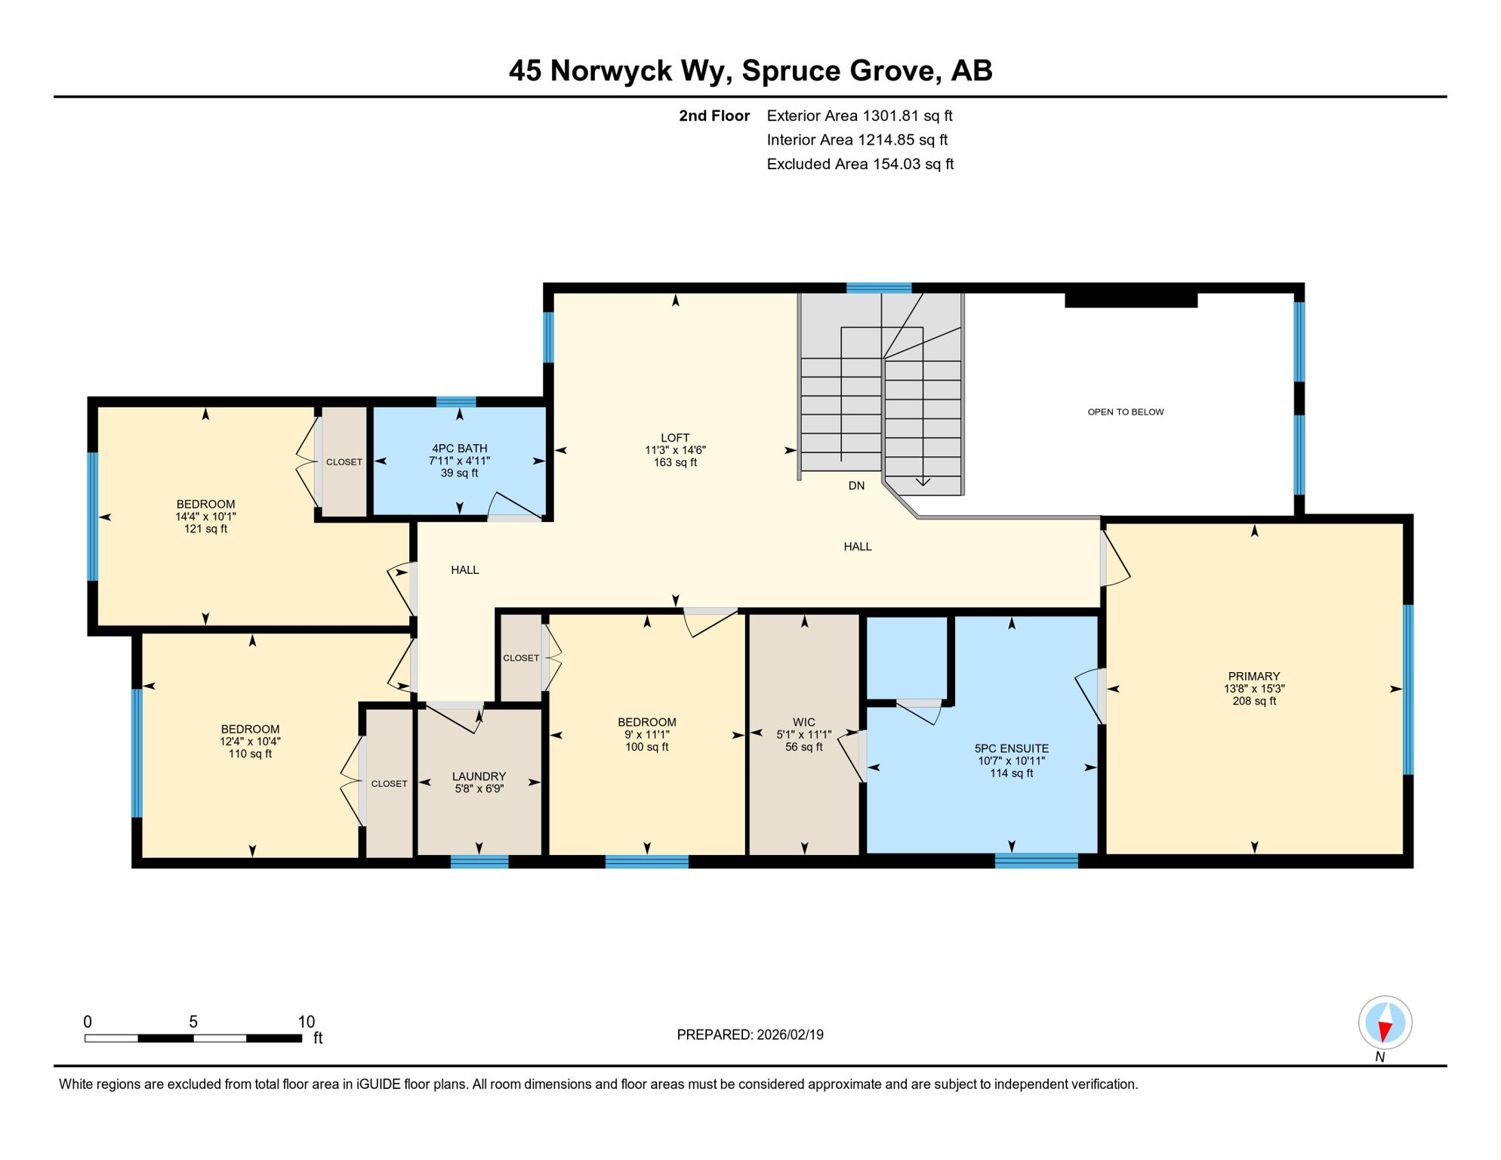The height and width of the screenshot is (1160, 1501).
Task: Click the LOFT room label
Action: click(x=674, y=438)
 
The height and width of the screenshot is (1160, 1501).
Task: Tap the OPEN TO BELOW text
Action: click(x=1125, y=412)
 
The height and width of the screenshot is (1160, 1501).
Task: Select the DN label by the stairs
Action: click(x=856, y=486)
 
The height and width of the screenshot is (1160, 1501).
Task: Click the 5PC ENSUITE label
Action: click(x=1011, y=749)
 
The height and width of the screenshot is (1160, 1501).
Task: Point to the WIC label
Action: click(x=803, y=723)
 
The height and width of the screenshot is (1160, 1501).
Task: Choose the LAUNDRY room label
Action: click(x=479, y=776)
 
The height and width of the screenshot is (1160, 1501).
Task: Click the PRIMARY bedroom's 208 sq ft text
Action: click(x=1253, y=702)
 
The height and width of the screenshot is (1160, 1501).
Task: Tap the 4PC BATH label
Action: click(x=459, y=449)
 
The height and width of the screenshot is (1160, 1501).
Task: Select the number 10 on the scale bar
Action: click(x=306, y=1022)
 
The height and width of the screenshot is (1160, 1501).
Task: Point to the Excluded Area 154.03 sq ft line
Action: click(x=859, y=165)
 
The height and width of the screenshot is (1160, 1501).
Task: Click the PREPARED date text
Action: click(x=750, y=1035)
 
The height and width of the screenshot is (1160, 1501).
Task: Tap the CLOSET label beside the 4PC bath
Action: click(x=344, y=462)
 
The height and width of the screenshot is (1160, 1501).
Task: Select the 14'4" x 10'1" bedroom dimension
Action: click(x=205, y=517)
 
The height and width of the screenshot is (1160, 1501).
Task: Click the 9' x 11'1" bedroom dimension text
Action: click(x=646, y=735)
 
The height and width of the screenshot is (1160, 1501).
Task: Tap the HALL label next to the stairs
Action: click(x=857, y=547)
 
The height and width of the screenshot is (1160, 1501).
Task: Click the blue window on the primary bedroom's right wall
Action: click(x=1407, y=689)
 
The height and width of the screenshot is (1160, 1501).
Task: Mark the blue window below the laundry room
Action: click(x=479, y=862)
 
